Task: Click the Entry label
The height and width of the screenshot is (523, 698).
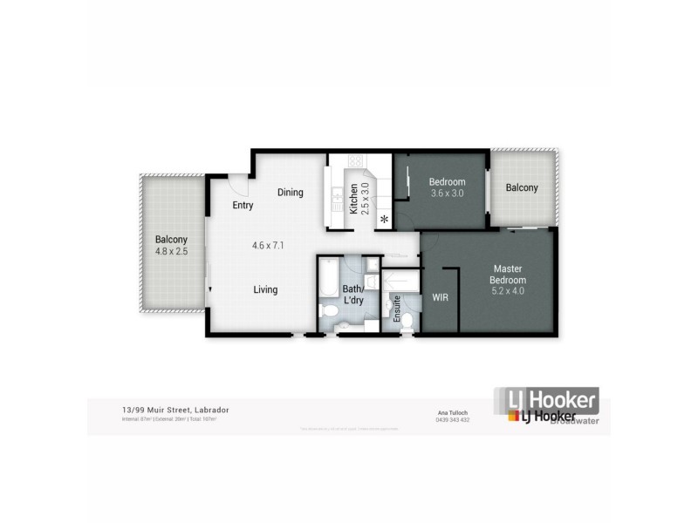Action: click(x=243, y=206)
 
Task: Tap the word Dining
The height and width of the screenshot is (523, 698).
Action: click(x=290, y=192)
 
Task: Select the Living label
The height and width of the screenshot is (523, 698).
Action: click(x=265, y=289)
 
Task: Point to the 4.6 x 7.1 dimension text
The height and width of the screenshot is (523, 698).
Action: click(x=269, y=246)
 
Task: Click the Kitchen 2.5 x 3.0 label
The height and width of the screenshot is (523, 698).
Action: click(x=359, y=199)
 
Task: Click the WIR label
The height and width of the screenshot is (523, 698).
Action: click(x=441, y=297)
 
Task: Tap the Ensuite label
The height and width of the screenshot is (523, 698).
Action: click(x=397, y=309)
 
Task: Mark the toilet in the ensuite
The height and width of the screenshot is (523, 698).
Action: click(x=406, y=323)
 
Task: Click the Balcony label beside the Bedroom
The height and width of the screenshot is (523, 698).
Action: click(x=522, y=187)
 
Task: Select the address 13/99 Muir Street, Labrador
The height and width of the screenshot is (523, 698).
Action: click(x=171, y=410)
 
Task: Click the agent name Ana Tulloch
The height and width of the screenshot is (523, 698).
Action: click(x=453, y=412)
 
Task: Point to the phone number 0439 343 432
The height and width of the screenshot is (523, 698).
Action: click(x=453, y=420)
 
